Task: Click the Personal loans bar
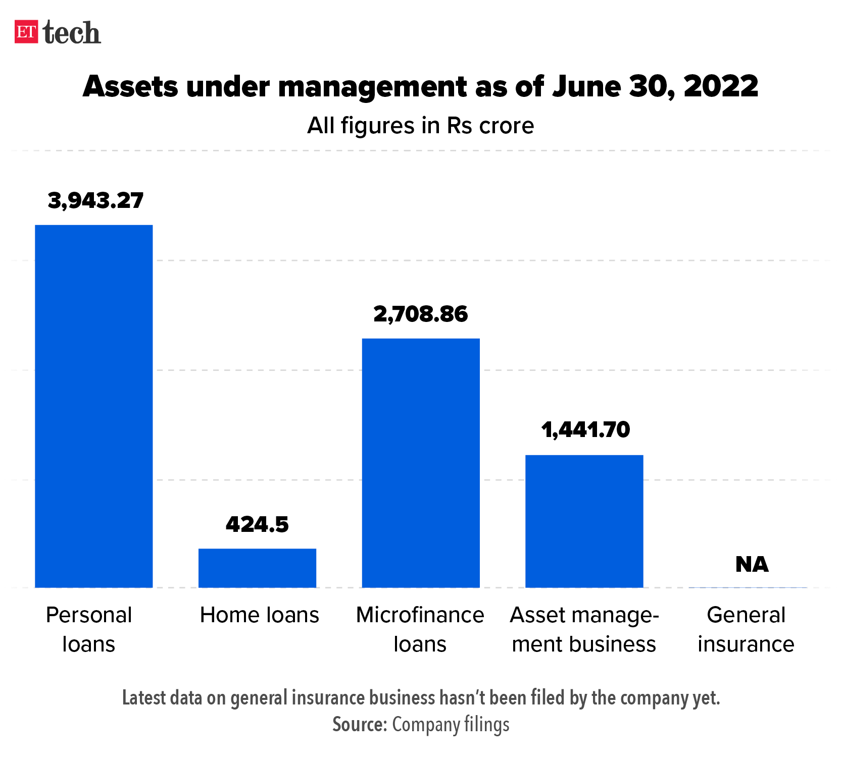pos(93,406)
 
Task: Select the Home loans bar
pos(257,568)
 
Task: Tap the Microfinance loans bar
pos(421,463)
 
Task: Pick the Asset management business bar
pos(584,521)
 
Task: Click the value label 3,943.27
pos(95,200)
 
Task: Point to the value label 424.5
pos(257,524)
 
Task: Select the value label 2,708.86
pos(421,314)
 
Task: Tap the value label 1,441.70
pos(585,429)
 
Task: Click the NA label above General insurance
pos(752,564)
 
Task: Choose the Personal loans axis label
pos(89,629)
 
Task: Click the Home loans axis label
pos(260,615)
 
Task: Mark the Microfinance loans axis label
pos(420,629)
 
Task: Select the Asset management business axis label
pos(584,629)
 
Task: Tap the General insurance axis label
pos(746,629)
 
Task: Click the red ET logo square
pos(26,32)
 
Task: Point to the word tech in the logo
pos(72,33)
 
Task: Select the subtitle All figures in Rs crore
pos(420,126)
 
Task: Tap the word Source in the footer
pos(359,725)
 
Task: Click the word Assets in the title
pos(130,86)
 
